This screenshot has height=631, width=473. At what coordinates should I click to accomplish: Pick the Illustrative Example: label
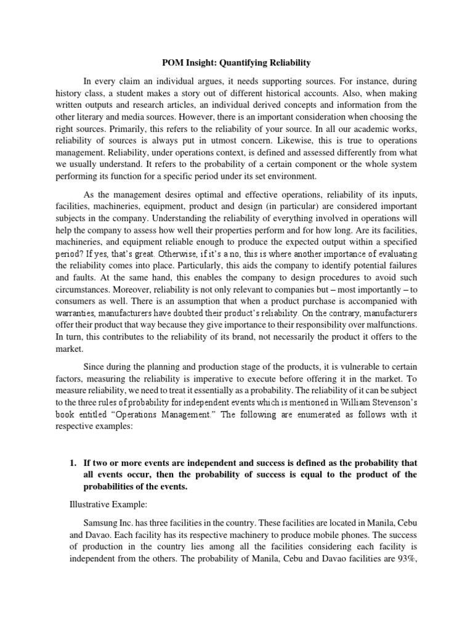pos(104,504)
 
